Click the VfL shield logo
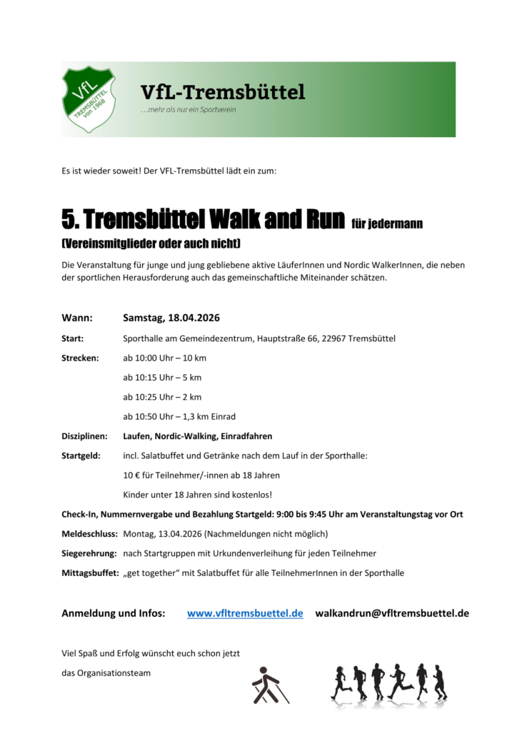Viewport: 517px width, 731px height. pyautogui.click(x=90, y=99)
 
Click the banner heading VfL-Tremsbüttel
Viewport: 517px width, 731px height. pyautogui.click(x=223, y=92)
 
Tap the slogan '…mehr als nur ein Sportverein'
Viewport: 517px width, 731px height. pyautogui.click(x=188, y=110)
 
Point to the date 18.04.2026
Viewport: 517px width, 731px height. pyautogui.click(x=189, y=318)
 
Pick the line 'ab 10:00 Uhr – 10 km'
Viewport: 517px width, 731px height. pyautogui.click(x=164, y=358)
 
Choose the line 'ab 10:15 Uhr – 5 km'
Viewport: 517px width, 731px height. pyautogui.click(x=162, y=377)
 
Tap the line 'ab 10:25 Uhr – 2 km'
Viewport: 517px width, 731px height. pyautogui.click(x=162, y=396)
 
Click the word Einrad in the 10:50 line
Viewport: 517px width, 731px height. pyautogui.click(x=222, y=416)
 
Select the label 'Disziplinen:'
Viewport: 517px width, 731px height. pyautogui.click(x=85, y=435)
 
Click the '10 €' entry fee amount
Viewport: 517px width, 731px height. pyautogui.click(x=131, y=475)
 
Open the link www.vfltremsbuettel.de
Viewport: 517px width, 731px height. pyautogui.click(x=245, y=613)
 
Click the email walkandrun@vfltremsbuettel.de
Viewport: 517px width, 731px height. pyautogui.click(x=392, y=613)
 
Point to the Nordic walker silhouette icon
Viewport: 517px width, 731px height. pyautogui.click(x=269, y=684)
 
